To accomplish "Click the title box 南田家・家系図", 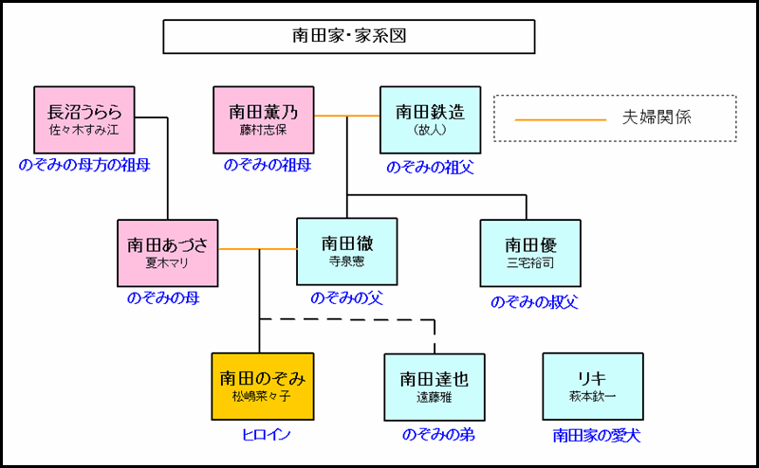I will pyautogui.click(x=348, y=37).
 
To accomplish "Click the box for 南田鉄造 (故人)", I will pyautogui.click(x=431, y=120).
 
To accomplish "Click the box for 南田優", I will pyautogui.click(x=530, y=253).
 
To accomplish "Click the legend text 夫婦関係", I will pyautogui.click(x=660, y=118).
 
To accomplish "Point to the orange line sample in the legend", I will pyautogui.click(x=560, y=120).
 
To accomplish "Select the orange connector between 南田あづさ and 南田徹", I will pyautogui.click(x=258, y=249).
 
